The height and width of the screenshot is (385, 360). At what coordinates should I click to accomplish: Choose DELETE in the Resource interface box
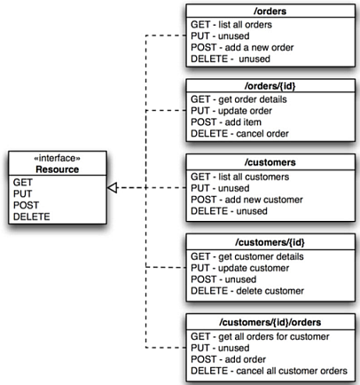(x=32, y=216)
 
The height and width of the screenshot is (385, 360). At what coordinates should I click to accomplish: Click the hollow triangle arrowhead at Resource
(x=112, y=187)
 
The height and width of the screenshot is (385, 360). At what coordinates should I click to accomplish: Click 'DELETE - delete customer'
(x=247, y=291)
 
